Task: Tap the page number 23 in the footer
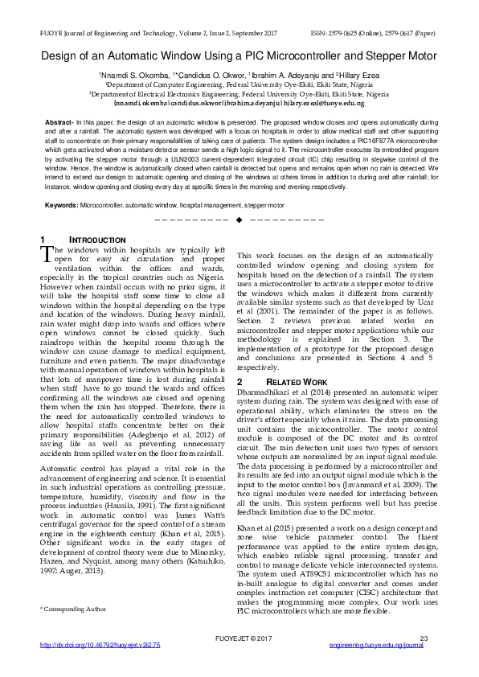[425, 661]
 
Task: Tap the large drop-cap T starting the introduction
[47, 253]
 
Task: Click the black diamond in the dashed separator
[239, 220]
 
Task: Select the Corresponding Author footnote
[73, 610]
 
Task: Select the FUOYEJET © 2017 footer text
[239, 661]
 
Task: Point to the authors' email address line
[239, 103]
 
